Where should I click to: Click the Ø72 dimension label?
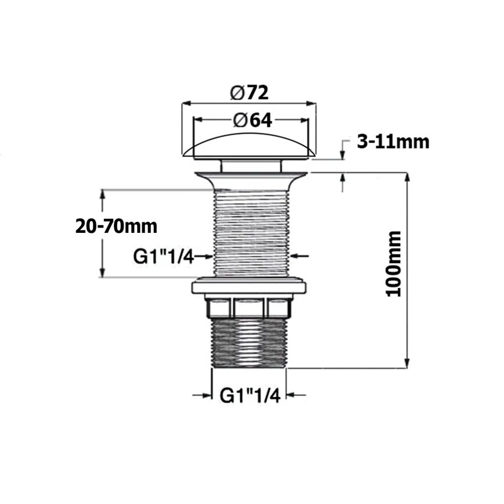[250, 92]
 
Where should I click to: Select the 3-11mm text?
[393, 141]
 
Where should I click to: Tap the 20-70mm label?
[116, 226]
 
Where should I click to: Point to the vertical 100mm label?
[394, 264]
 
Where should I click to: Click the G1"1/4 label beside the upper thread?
[164, 255]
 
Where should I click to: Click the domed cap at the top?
[250, 146]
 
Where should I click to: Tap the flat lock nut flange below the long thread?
[250, 286]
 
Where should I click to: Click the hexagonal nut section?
[250, 307]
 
